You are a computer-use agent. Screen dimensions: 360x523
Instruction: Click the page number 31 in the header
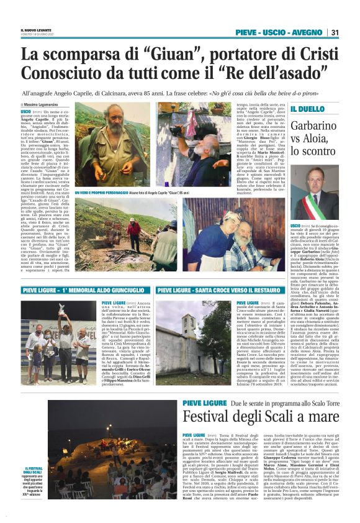[334, 33]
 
